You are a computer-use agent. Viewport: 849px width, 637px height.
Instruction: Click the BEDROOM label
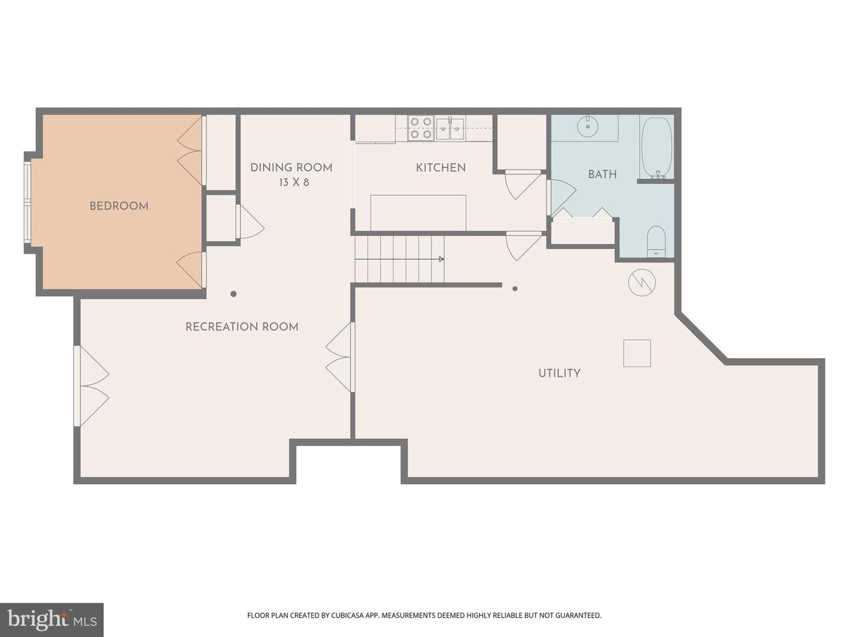(x=119, y=206)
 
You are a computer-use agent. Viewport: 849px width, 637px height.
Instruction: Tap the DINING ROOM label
(x=291, y=168)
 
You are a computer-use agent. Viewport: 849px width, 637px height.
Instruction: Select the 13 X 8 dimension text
(x=294, y=182)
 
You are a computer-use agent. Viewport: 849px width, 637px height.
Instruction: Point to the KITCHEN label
(x=440, y=168)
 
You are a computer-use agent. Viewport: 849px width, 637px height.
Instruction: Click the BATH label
(x=602, y=175)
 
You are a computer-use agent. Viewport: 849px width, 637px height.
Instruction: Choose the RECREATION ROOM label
(x=242, y=327)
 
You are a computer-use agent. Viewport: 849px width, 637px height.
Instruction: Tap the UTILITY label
(x=560, y=373)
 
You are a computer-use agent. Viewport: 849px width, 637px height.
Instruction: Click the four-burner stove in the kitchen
(x=421, y=128)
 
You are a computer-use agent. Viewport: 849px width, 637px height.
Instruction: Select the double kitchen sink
(x=450, y=129)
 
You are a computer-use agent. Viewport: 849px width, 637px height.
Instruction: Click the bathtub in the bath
(x=656, y=147)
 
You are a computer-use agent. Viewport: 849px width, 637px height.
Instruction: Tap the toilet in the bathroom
(x=656, y=241)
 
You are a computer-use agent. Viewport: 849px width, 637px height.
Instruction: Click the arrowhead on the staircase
(x=442, y=259)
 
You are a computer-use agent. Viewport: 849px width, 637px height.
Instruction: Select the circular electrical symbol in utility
(x=641, y=283)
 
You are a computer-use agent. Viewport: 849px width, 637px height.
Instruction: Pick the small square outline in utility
(x=637, y=353)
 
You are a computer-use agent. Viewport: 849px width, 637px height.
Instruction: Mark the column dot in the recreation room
(x=233, y=294)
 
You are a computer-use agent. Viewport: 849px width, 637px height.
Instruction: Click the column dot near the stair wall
(x=515, y=288)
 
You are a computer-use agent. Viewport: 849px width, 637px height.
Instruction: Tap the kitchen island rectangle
(x=418, y=213)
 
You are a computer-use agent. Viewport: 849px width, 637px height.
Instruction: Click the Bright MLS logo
(x=51, y=619)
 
